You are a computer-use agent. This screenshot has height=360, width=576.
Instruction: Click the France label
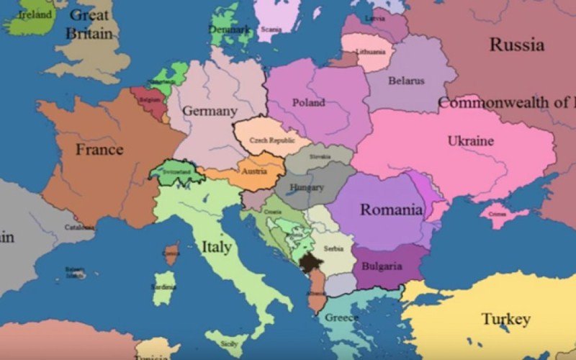[x=99, y=150]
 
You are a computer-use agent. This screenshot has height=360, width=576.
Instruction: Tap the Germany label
[x=210, y=112]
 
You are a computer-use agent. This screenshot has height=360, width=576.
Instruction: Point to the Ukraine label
[x=470, y=140]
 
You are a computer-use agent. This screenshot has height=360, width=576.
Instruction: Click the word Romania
[x=391, y=210]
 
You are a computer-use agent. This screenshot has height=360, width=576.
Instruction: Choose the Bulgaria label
[x=382, y=266]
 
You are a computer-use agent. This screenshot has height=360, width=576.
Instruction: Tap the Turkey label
[x=506, y=319]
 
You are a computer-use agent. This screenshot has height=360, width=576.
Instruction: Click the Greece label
[x=342, y=318]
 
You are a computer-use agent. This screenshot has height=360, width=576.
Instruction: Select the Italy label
[x=216, y=247]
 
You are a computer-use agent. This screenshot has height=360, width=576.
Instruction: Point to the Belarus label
[x=406, y=81]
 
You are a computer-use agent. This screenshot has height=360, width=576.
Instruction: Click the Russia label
[x=516, y=45]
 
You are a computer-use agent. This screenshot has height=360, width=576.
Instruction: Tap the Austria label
[x=254, y=172]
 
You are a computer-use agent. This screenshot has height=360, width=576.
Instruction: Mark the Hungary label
[x=307, y=188]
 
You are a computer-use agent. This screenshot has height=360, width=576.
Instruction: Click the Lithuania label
[x=370, y=52]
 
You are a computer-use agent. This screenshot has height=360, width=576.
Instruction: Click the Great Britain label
[x=89, y=24]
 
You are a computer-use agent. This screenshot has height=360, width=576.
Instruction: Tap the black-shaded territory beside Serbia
[x=310, y=263]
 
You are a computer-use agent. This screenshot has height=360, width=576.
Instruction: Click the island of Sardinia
[x=164, y=287]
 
